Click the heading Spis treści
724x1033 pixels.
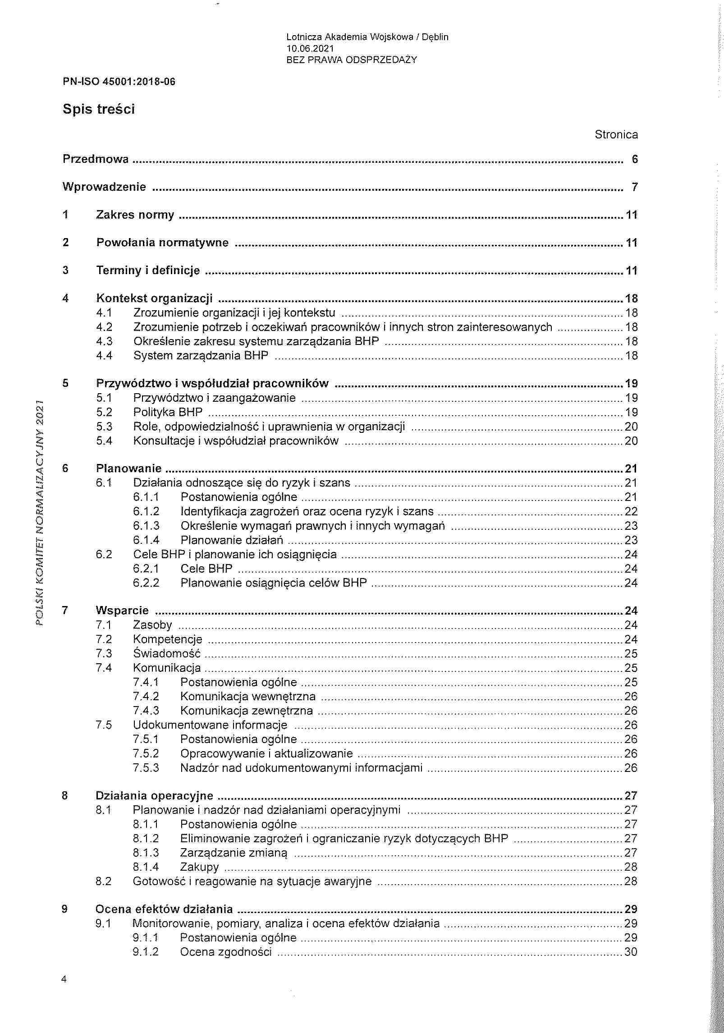pos(99,110)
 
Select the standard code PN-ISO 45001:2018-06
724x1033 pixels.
pos(119,82)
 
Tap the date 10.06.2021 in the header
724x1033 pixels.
pos(310,48)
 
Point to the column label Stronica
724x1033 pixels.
pos(616,134)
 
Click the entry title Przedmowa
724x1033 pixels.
pos(96,159)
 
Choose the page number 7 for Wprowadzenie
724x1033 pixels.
pos(634,187)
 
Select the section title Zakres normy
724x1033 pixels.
pos(135,215)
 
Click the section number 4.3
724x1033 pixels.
pos(104,341)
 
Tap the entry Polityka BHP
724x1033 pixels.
pos(168,412)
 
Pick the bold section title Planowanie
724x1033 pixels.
pos(128,468)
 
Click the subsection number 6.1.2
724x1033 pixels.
pos(146,511)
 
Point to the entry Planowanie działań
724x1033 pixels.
pos(232,540)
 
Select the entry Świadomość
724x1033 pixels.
pos(166,653)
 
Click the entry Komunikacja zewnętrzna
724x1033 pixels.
pos(246,711)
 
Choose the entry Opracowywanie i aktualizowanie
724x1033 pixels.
pos(266,753)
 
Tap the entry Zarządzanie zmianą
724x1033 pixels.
pos(233,853)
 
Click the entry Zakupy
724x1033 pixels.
pos(199,867)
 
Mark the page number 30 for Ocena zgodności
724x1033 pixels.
pos(631,952)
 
